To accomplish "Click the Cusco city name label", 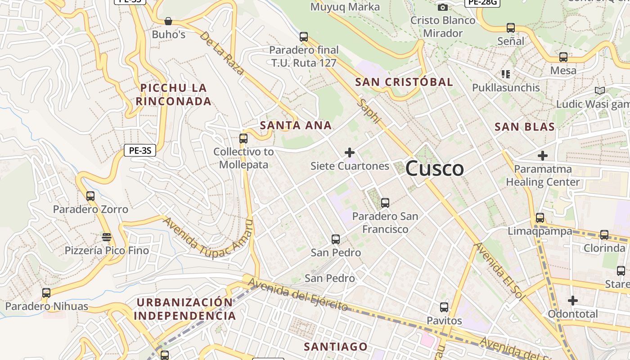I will pyautogui.click(x=435, y=169).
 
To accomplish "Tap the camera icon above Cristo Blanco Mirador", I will pyautogui.click(x=443, y=7).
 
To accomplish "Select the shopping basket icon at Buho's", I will pyautogui.click(x=168, y=21).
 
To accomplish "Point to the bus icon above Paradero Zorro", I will pyautogui.click(x=90, y=196).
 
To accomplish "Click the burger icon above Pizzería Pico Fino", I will pyautogui.click(x=107, y=237).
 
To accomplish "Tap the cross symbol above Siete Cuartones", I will pyautogui.click(x=350, y=153).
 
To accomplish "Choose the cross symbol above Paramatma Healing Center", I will pyautogui.click(x=543, y=156).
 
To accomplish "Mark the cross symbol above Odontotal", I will pyautogui.click(x=572, y=300).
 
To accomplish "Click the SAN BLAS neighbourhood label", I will pyautogui.click(x=525, y=127).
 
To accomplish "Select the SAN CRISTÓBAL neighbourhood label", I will pyautogui.click(x=404, y=82).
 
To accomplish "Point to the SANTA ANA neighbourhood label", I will pyautogui.click(x=296, y=126).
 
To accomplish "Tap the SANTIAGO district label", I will pyautogui.click(x=336, y=346).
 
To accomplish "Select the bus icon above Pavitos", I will pyautogui.click(x=444, y=307).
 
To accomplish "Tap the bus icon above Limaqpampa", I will pyautogui.click(x=540, y=218).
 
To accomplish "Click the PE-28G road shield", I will pyautogui.click(x=482, y=2).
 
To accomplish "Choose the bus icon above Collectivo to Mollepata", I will pyautogui.click(x=243, y=138).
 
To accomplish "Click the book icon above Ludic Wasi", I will pyautogui.click(x=599, y=91).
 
